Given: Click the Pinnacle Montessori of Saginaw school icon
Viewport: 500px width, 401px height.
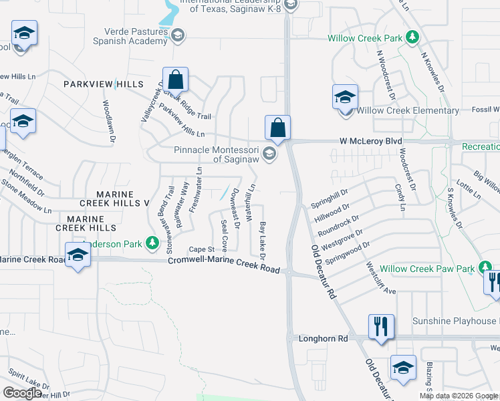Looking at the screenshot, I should click(269, 154).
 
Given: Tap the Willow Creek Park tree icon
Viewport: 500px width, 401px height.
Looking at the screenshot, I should click(413, 37).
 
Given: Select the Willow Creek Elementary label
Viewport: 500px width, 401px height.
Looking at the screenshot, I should click(408, 110).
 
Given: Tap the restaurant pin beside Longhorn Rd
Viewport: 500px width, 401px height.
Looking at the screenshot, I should click(381, 327).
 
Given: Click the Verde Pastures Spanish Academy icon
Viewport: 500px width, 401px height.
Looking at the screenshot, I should click(177, 35).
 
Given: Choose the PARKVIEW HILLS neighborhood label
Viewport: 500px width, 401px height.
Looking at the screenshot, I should click(104, 84).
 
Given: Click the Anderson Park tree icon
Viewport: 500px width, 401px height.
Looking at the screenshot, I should click(153, 243).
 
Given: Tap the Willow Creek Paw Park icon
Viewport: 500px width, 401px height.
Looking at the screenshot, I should click(485, 269).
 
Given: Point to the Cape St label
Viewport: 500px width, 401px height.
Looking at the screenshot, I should click(200, 249).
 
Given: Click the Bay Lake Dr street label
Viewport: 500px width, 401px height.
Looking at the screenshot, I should click(263, 241).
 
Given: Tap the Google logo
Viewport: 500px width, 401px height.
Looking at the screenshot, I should click(22, 393).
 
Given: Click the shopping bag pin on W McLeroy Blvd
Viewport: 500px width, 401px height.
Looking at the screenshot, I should click(277, 127).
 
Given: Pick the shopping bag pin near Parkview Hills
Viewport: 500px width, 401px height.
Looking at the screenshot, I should click(174, 80).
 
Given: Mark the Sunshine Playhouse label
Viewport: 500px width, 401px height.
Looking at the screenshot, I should click(455, 321).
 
